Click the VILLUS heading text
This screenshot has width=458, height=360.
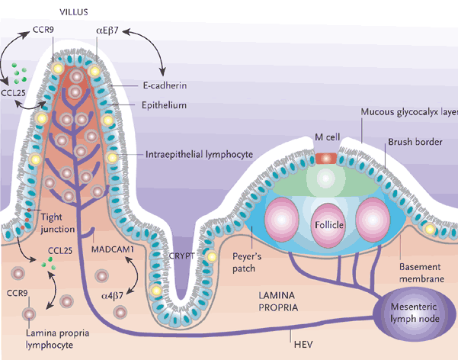click(74, 13)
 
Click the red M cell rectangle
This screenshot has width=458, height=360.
click(326, 158)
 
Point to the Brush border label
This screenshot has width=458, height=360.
click(410, 141)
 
